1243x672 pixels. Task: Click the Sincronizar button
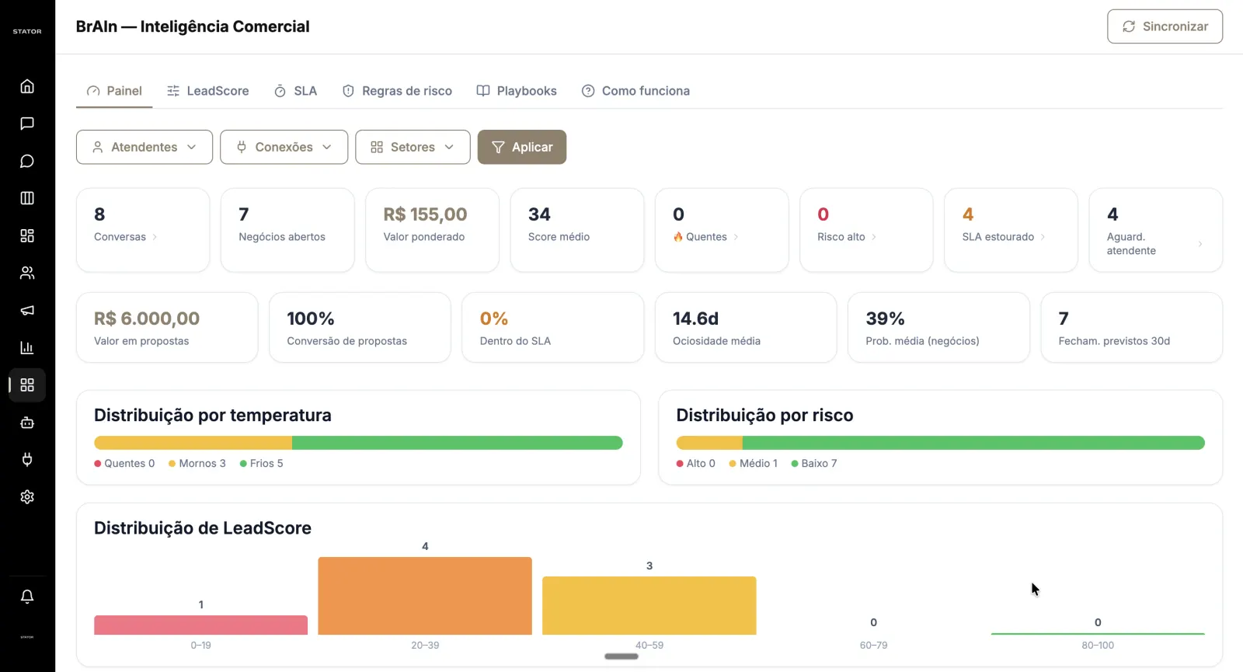pyautogui.click(x=1165, y=26)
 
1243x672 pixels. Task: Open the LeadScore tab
pyautogui.click(x=207, y=90)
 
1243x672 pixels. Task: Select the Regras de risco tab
pyautogui.click(x=397, y=90)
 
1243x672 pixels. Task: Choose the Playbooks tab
pyautogui.click(x=516, y=90)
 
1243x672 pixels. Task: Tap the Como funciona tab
pyautogui.click(x=635, y=90)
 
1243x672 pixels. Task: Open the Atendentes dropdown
pyautogui.click(x=144, y=147)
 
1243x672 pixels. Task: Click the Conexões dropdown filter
pyautogui.click(x=284, y=147)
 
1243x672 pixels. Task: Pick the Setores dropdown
pyautogui.click(x=413, y=147)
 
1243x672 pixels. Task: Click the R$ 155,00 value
pyautogui.click(x=425, y=214)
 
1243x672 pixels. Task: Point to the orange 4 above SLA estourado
pyautogui.click(x=968, y=214)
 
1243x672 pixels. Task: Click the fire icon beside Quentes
pyautogui.click(x=677, y=237)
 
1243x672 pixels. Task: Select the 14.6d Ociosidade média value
pyautogui.click(x=695, y=318)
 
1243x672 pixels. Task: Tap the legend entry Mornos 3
pyautogui.click(x=197, y=463)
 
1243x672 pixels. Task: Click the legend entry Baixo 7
pyautogui.click(x=814, y=463)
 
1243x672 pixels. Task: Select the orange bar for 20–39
pyautogui.click(x=425, y=595)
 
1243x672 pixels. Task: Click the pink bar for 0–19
pyautogui.click(x=201, y=625)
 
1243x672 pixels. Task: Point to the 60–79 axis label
pyautogui.click(x=873, y=645)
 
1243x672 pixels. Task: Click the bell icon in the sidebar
pyautogui.click(x=27, y=597)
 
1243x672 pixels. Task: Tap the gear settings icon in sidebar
pyautogui.click(x=27, y=496)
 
